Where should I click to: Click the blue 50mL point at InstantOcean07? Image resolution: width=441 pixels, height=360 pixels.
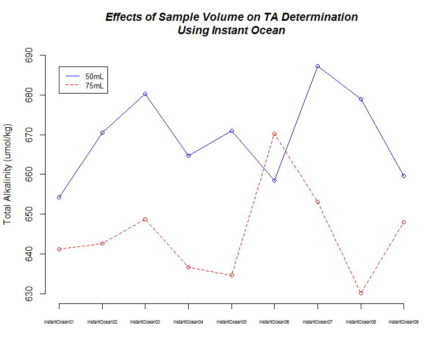tap(317, 66)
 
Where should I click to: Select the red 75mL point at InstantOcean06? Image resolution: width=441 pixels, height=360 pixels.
tap(274, 134)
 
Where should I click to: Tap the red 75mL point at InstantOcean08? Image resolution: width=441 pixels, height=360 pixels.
tap(361, 293)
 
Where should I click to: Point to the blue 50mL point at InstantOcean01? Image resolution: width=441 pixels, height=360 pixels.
tap(59, 198)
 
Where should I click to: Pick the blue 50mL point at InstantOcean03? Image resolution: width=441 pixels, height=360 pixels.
tap(145, 94)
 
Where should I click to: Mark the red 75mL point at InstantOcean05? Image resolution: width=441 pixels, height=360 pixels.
tap(231, 275)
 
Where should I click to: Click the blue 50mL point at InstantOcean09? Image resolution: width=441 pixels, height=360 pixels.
tap(403, 176)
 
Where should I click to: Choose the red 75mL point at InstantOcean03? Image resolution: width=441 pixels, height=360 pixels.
tap(145, 220)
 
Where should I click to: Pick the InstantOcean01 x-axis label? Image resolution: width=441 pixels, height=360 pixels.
tap(59, 321)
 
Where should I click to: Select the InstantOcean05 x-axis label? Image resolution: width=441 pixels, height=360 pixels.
tap(231, 321)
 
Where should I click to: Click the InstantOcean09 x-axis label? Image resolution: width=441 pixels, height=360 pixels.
tap(403, 321)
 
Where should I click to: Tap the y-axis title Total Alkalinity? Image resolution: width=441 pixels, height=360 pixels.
tap(8, 174)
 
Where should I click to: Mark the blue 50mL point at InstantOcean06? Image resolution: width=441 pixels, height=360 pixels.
tap(274, 180)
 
